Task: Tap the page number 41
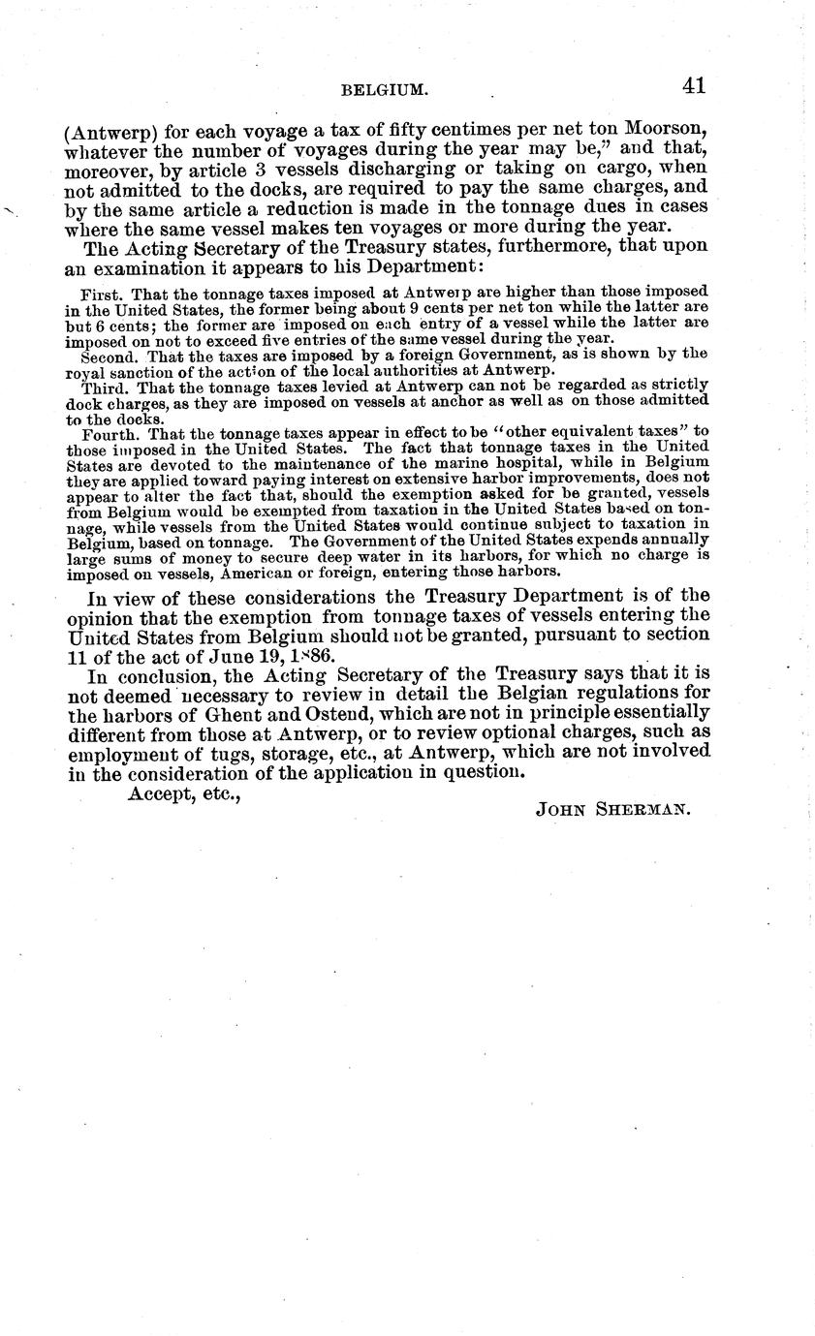click(693, 85)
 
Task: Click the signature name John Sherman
click(611, 810)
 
